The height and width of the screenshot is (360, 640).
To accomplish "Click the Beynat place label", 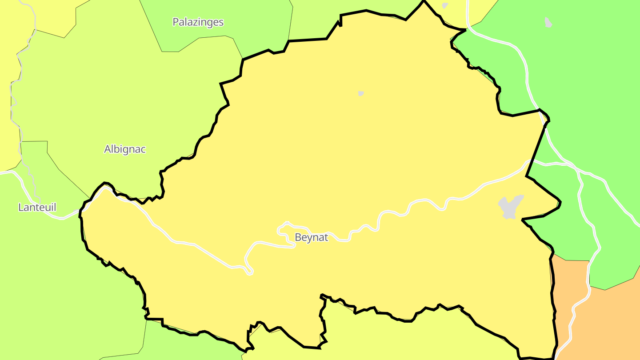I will (x=311, y=237).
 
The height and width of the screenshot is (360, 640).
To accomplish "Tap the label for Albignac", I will (x=125, y=149).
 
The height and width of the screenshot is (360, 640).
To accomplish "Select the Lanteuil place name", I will (x=37, y=207).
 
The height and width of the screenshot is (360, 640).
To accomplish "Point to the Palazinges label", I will (x=198, y=22).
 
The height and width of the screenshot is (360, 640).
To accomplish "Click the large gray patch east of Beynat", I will (x=510, y=207).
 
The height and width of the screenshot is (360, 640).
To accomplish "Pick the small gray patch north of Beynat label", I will (x=361, y=93).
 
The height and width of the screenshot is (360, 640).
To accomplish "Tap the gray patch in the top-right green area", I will (x=548, y=22).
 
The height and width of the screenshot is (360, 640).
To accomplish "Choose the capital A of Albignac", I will (x=108, y=149).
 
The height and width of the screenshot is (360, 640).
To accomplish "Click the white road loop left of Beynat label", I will (x=284, y=228).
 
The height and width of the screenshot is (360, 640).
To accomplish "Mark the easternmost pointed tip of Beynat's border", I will (x=560, y=204).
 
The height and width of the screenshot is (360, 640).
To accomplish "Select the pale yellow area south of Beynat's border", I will (x=400, y=338).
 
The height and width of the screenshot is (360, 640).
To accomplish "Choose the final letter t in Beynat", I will (x=326, y=237).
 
